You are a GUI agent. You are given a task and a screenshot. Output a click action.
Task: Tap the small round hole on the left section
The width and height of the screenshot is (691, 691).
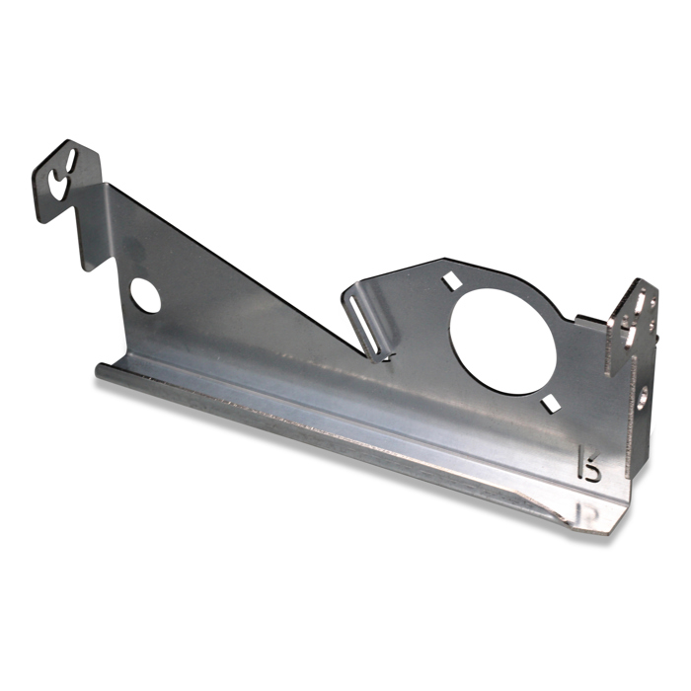(x=145, y=295)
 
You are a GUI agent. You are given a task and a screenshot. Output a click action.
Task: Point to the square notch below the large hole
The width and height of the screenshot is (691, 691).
(x=549, y=401)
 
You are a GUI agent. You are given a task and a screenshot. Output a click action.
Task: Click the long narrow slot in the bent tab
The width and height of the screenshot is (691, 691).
(x=364, y=322)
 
